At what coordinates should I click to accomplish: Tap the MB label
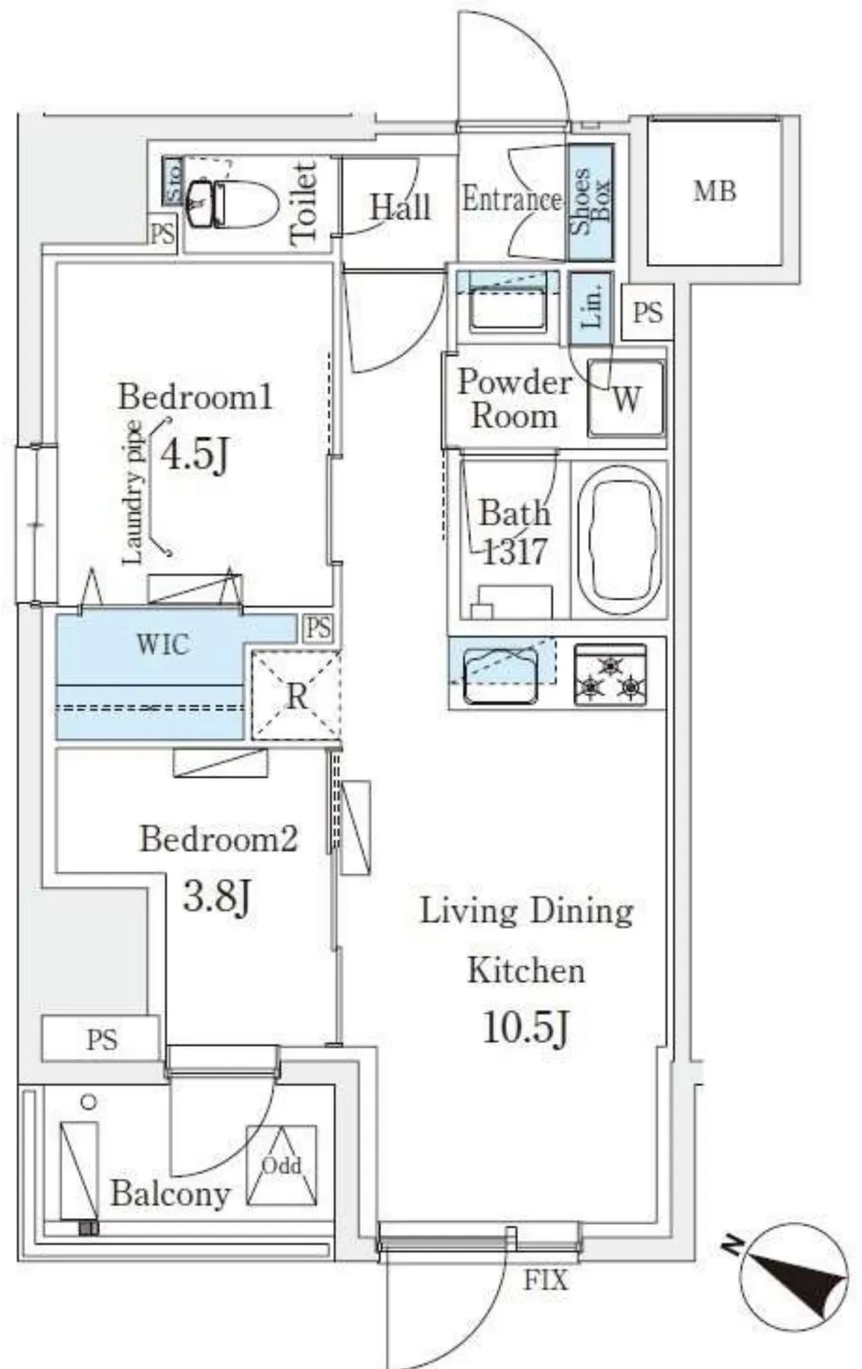715,192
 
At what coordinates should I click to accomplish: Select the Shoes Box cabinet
590,202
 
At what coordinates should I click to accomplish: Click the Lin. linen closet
591,308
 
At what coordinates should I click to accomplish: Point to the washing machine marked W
626,398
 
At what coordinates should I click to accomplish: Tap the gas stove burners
610,675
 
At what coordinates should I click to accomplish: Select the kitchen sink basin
501,676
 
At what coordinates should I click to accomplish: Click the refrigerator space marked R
297,695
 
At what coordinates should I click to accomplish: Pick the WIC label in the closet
163,644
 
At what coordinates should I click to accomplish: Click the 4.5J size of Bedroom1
195,453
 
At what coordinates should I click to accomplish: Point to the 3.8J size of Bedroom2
217,896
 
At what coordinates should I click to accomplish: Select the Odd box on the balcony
281,1165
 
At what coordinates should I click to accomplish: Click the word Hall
401,207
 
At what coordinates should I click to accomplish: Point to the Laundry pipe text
132,494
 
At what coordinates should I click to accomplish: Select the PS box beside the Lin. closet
648,312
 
